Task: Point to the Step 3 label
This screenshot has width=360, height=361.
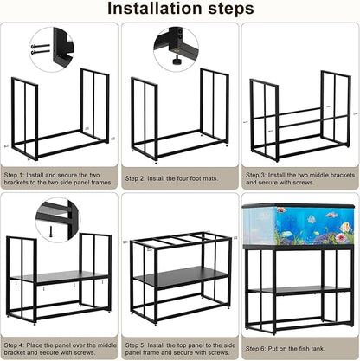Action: [257, 173]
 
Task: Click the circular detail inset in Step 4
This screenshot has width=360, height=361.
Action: [56, 219]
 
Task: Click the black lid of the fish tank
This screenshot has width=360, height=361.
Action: [299, 206]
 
